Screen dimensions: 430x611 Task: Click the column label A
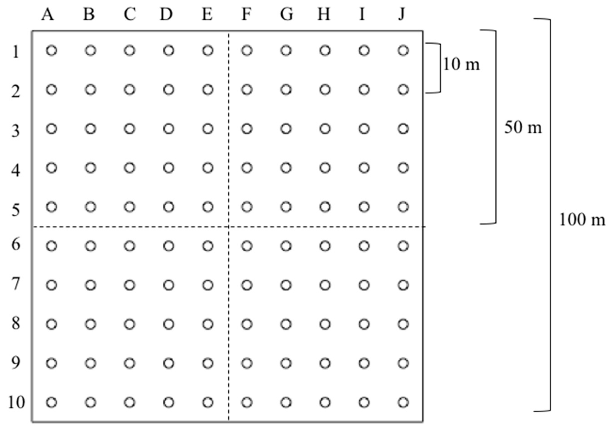[x=48, y=14]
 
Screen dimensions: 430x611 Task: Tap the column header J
[x=402, y=14]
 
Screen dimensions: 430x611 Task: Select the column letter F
[x=246, y=14]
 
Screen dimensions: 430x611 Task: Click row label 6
[x=16, y=244]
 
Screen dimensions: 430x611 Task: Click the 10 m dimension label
[x=461, y=65]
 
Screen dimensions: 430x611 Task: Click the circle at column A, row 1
[x=52, y=50]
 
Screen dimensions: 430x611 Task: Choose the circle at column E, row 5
[x=208, y=207]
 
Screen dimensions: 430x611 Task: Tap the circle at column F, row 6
[x=247, y=246]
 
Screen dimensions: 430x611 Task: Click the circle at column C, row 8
[x=130, y=324]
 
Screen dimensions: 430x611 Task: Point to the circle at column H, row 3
[x=325, y=129]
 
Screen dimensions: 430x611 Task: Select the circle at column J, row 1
[x=403, y=50]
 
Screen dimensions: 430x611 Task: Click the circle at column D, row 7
[x=169, y=285]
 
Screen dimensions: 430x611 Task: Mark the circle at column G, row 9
[x=286, y=363]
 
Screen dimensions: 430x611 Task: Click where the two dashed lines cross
[x=229, y=227]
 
